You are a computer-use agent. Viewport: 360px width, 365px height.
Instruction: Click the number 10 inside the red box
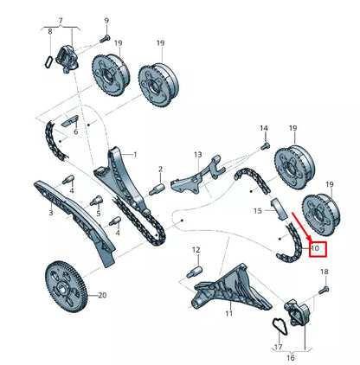(314, 249)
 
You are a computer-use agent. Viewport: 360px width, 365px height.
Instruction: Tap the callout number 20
(102, 296)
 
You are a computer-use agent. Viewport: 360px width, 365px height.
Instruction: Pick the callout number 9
(106, 20)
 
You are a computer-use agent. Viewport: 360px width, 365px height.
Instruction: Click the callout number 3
(51, 212)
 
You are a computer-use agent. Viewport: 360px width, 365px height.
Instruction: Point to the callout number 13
(197, 156)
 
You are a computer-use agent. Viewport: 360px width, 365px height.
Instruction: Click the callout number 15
(257, 211)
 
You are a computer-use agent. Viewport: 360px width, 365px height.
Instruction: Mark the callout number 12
(196, 251)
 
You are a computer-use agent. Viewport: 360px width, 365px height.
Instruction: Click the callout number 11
(229, 313)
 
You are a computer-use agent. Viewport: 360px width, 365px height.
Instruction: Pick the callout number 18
(325, 272)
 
